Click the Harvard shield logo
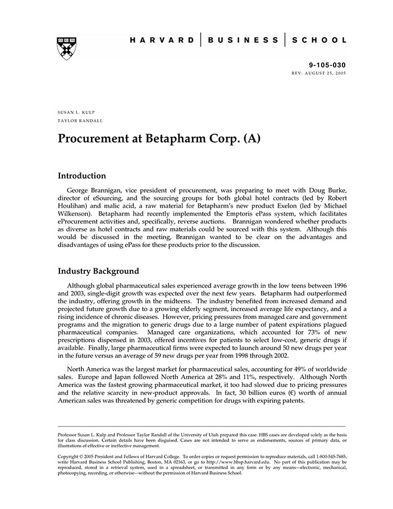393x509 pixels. click(x=67, y=48)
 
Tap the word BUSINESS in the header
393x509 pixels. click(x=243, y=40)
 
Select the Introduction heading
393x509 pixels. click(x=82, y=176)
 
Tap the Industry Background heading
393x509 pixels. click(x=98, y=271)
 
